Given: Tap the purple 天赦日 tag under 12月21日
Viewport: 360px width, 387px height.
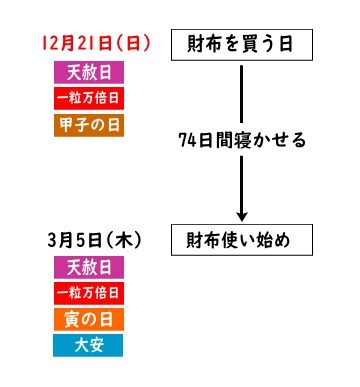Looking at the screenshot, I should [89, 73].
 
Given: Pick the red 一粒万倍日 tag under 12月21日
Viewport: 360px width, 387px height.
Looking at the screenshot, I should [89, 98].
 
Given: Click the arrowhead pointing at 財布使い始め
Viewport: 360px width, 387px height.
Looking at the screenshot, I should [242, 214].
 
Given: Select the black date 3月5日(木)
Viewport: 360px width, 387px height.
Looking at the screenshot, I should [92, 241].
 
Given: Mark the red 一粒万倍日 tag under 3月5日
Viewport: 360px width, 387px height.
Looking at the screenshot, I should [89, 293].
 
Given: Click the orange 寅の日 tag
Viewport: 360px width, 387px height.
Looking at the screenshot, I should [89, 319].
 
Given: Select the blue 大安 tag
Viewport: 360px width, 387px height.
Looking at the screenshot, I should [89, 345].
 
